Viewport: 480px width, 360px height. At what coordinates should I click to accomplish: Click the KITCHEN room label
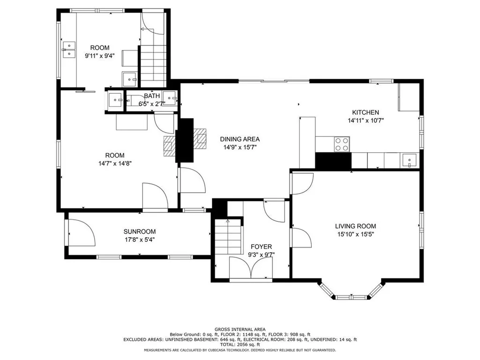(366, 112)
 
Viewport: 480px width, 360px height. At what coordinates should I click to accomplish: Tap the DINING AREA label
(240, 139)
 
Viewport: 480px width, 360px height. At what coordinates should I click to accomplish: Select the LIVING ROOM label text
(355, 226)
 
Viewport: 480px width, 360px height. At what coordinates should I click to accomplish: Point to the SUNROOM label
(140, 232)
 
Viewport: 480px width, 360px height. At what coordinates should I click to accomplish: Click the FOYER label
(261, 247)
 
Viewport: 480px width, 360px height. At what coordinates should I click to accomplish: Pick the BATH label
(152, 96)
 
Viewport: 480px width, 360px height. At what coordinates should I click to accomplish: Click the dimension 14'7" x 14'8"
(115, 164)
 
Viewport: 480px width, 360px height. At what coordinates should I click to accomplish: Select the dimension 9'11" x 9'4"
(100, 56)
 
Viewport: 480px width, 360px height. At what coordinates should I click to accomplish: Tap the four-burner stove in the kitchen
(342, 144)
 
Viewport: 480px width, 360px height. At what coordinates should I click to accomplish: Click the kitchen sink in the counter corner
(409, 160)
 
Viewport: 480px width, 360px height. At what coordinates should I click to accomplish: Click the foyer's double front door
(251, 268)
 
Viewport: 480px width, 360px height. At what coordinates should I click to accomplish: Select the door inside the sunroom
(82, 232)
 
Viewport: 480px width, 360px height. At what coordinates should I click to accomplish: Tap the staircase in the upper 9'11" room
(153, 66)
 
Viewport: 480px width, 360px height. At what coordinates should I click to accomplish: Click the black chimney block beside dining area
(184, 140)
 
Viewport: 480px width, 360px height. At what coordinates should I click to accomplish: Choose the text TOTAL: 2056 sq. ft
(240, 345)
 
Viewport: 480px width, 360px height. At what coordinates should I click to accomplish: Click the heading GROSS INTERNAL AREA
(240, 330)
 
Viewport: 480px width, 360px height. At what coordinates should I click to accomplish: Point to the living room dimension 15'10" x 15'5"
(355, 234)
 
